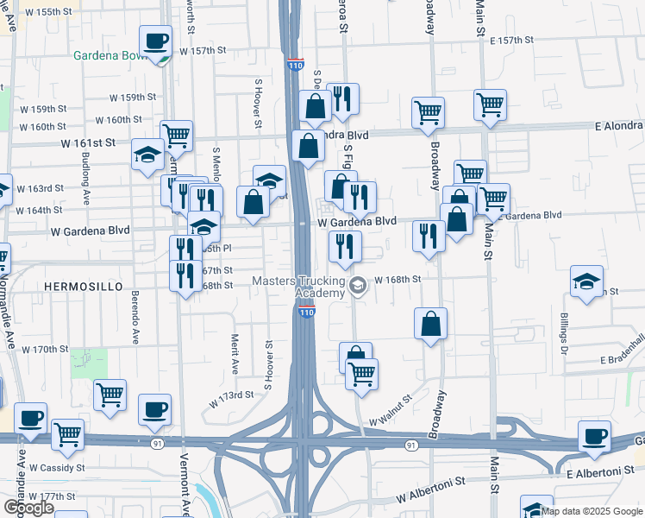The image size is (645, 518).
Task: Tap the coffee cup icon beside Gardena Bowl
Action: (155, 41)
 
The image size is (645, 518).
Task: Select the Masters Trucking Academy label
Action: (298, 287)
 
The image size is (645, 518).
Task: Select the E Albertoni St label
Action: (600, 474)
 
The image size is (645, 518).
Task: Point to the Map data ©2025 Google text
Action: (592, 511)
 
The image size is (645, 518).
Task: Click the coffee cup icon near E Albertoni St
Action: (594, 436)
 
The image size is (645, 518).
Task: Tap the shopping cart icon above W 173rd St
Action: (110, 395)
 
